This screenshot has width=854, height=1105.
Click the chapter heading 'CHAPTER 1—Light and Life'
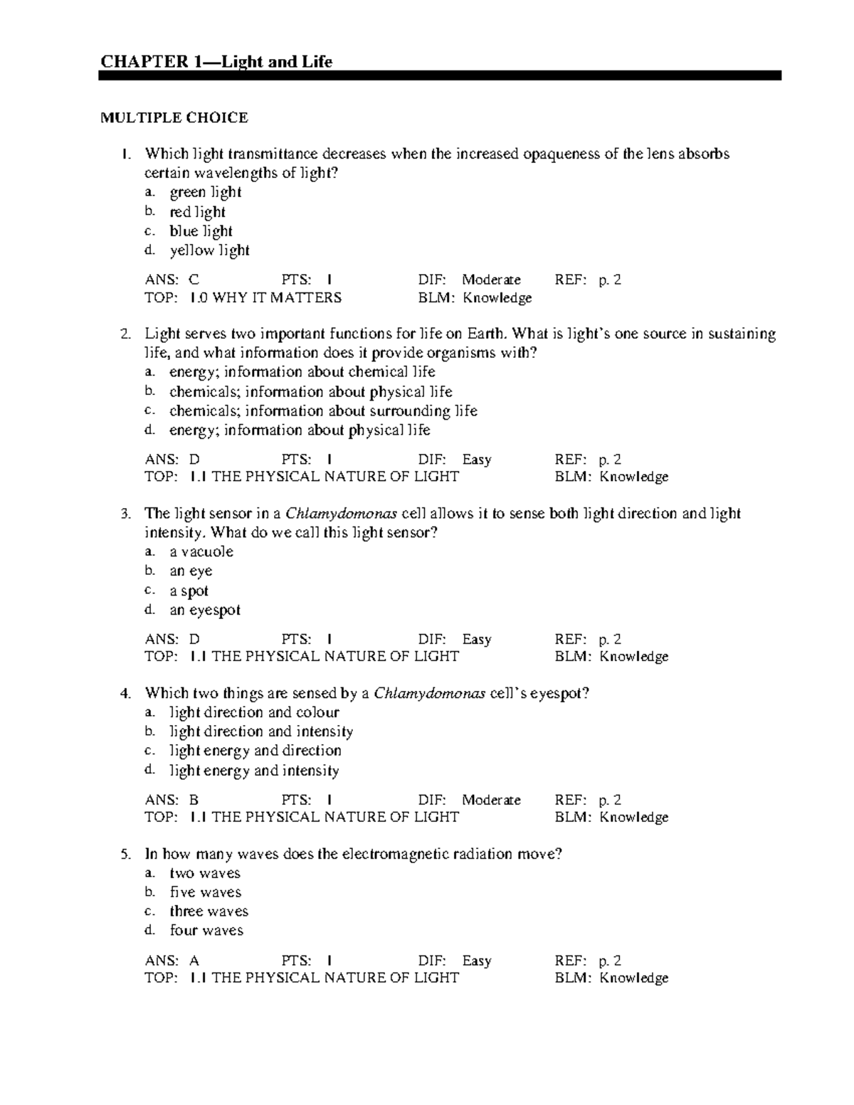click(x=216, y=62)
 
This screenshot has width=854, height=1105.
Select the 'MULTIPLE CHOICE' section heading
click(x=174, y=118)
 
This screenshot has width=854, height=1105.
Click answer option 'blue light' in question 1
click(x=201, y=231)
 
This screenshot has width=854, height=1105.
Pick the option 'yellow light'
click(x=209, y=250)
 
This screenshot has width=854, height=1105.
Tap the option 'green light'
click(x=205, y=192)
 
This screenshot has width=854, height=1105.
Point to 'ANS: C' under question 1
click(x=172, y=280)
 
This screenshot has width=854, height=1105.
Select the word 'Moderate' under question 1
click(x=491, y=280)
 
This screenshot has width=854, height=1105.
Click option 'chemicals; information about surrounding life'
click(x=322, y=411)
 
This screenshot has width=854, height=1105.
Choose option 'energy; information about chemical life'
click(x=302, y=372)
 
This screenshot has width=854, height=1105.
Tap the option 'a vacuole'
click(x=201, y=551)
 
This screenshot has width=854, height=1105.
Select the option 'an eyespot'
click(x=205, y=610)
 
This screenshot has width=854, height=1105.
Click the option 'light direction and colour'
click(x=254, y=712)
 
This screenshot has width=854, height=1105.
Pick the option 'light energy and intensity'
click(x=254, y=771)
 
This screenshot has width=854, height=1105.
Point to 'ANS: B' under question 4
click(x=172, y=800)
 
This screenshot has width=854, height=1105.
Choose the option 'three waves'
click(x=209, y=911)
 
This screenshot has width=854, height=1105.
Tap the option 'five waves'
click(x=205, y=892)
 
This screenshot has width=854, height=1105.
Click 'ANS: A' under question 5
click(x=172, y=961)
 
